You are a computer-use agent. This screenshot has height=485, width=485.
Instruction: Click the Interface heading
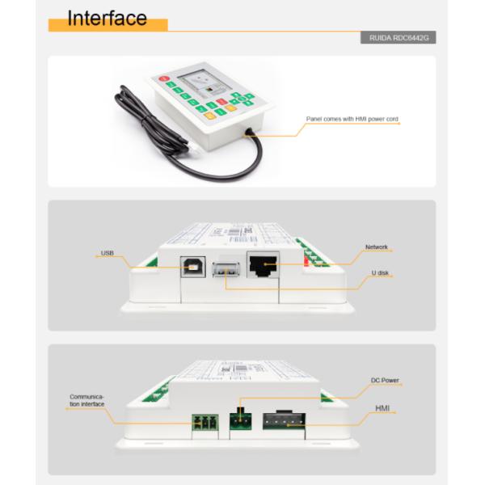coord(107,18)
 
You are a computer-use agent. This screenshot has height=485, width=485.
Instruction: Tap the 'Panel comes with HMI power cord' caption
coord(352,119)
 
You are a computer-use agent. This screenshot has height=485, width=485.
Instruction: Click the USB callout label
coord(107,253)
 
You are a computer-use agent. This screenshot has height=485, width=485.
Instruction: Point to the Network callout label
coord(377,247)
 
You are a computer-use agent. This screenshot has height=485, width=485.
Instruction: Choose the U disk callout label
coord(380,273)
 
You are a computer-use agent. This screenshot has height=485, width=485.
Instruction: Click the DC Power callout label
coord(385,380)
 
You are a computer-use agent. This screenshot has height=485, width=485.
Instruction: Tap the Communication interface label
coord(86,401)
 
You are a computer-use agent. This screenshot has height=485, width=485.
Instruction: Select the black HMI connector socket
coord(282,418)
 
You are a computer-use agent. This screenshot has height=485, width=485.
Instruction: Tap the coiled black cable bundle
coord(137,114)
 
